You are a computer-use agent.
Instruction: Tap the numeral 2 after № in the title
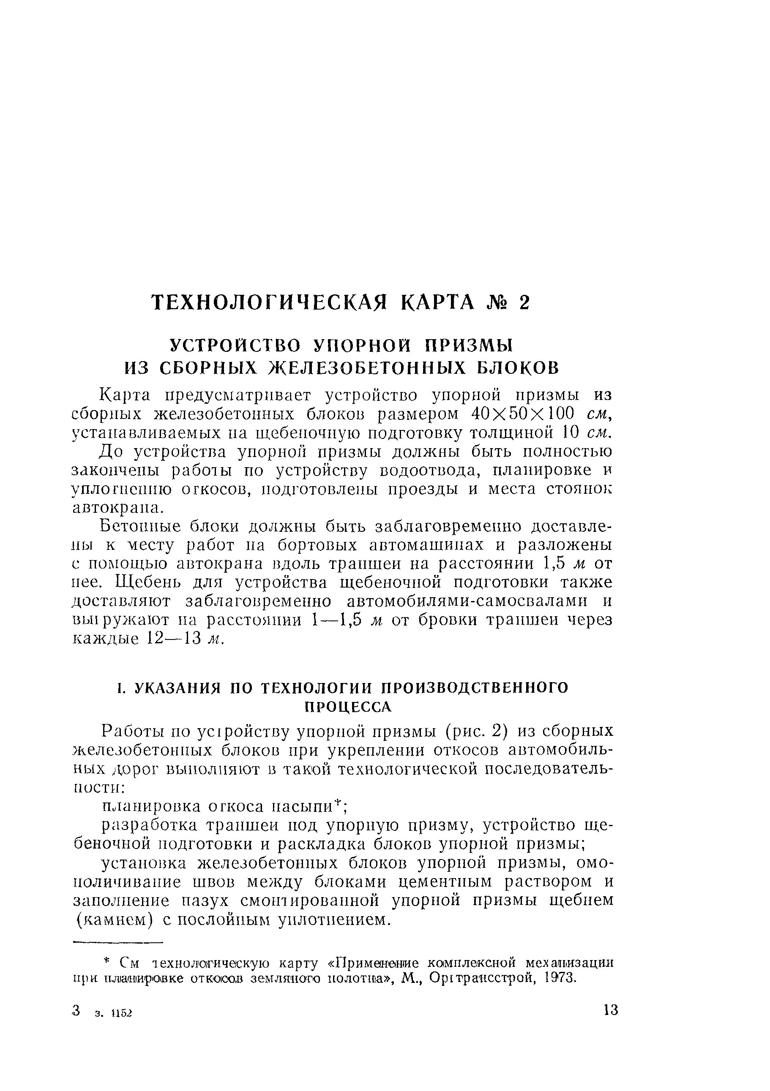coord(523,303)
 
